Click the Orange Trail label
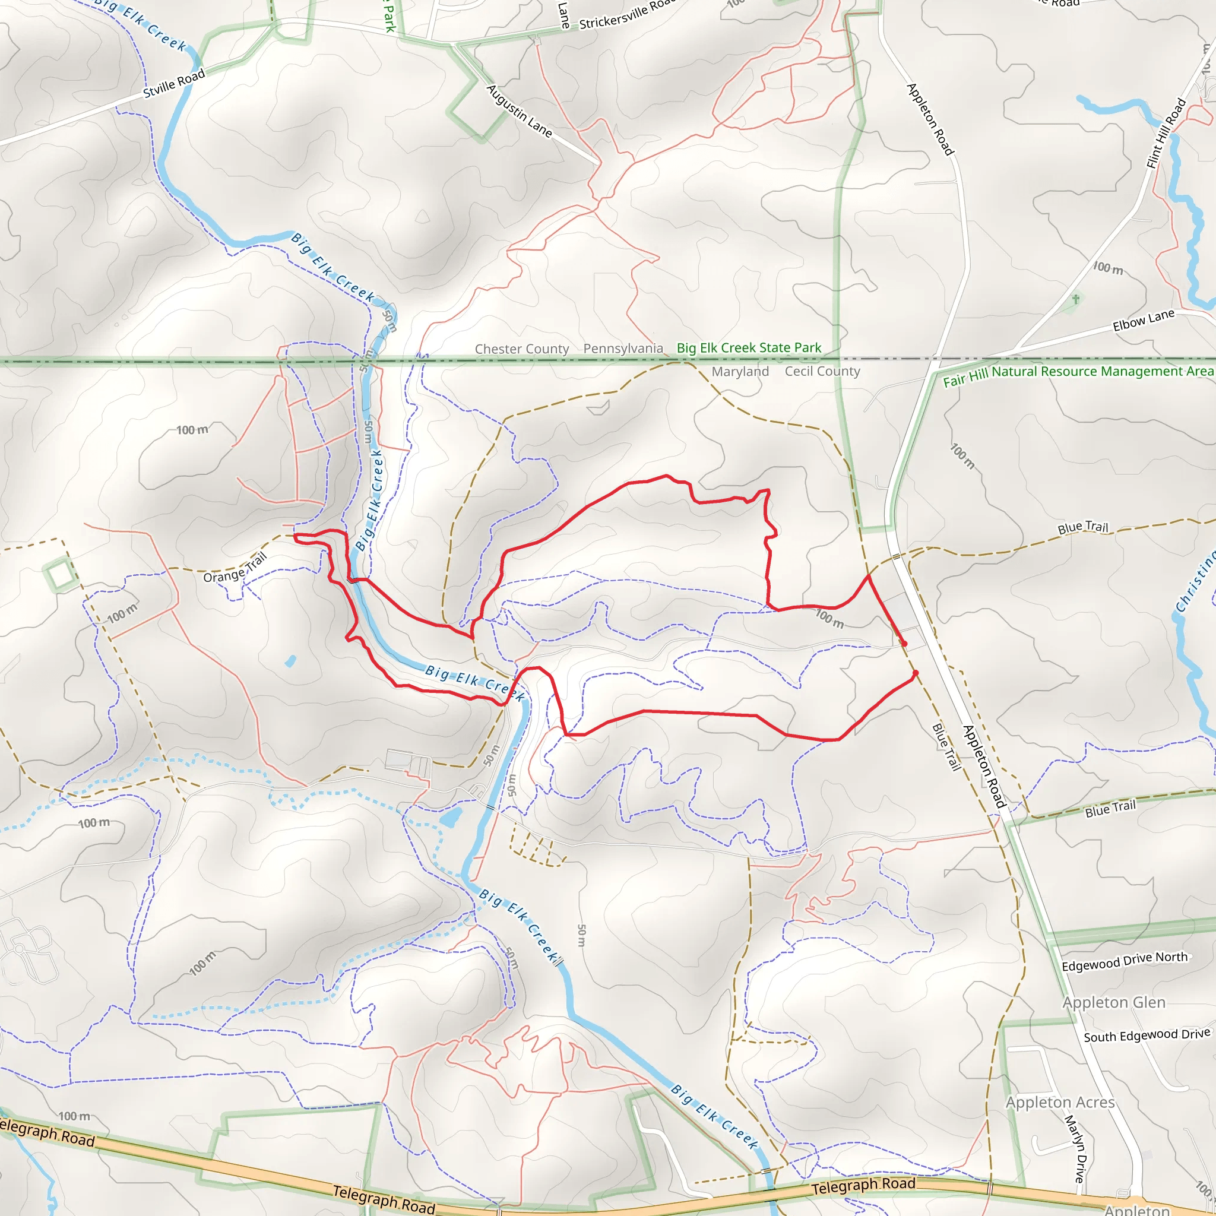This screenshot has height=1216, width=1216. [x=235, y=567]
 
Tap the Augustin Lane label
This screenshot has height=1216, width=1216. [x=520, y=112]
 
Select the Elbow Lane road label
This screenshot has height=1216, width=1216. [x=1143, y=321]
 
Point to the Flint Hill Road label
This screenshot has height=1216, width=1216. [x=1166, y=134]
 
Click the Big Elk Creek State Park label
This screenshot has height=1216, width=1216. [x=748, y=347]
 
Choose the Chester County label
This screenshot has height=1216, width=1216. [x=522, y=349]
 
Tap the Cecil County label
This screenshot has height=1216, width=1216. [x=822, y=371]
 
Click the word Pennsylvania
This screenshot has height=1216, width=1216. [x=623, y=348]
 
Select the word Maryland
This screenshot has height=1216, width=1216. [x=740, y=372]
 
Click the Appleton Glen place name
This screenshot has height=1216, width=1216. [x=1114, y=1002]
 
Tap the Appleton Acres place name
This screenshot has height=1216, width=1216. [x=1060, y=1102]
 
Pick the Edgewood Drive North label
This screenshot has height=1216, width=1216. [x=1124, y=961]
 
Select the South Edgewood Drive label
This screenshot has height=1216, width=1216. [x=1147, y=1035]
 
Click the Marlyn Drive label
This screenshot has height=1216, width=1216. [x=1075, y=1148]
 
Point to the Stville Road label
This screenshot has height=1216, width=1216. [x=174, y=84]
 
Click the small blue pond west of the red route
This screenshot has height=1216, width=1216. [x=290, y=661]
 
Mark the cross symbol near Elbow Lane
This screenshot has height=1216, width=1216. [x=1076, y=299]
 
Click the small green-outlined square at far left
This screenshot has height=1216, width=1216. [x=61, y=575]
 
